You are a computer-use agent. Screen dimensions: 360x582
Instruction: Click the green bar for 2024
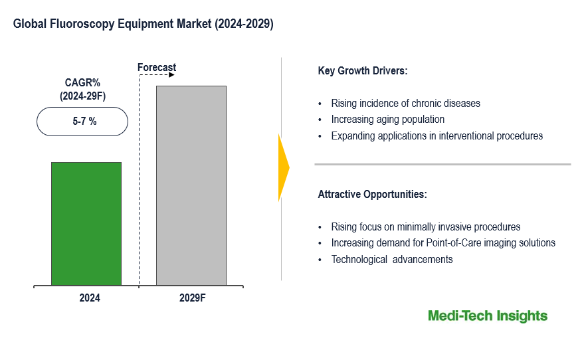point(86,224)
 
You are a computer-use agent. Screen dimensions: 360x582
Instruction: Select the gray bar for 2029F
point(191,185)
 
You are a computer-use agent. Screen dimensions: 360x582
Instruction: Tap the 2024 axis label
point(90,298)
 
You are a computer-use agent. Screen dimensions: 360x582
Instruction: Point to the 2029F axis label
point(193,298)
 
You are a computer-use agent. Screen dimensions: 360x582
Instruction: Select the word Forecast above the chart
point(157,67)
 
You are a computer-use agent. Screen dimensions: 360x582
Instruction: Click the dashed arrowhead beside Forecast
point(171,75)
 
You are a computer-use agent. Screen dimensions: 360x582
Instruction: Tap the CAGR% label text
point(82,83)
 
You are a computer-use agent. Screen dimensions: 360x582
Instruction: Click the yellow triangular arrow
point(283,168)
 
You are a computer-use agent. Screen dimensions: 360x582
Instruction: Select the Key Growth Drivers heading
point(363,70)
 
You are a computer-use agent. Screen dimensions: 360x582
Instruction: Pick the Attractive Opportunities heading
point(373,195)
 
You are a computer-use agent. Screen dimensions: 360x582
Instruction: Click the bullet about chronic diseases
point(406,104)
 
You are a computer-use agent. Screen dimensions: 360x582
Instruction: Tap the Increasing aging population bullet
point(388,120)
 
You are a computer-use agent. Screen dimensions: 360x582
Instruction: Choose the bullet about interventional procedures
point(437,136)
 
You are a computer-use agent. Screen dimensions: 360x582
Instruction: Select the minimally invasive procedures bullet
point(426,227)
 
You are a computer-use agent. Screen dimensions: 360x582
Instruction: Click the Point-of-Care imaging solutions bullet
point(443,243)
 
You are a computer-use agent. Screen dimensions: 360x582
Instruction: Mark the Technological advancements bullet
point(392,260)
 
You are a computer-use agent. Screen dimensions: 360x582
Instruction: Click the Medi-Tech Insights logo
point(488,316)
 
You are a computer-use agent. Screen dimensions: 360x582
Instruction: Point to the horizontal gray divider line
point(442,164)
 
